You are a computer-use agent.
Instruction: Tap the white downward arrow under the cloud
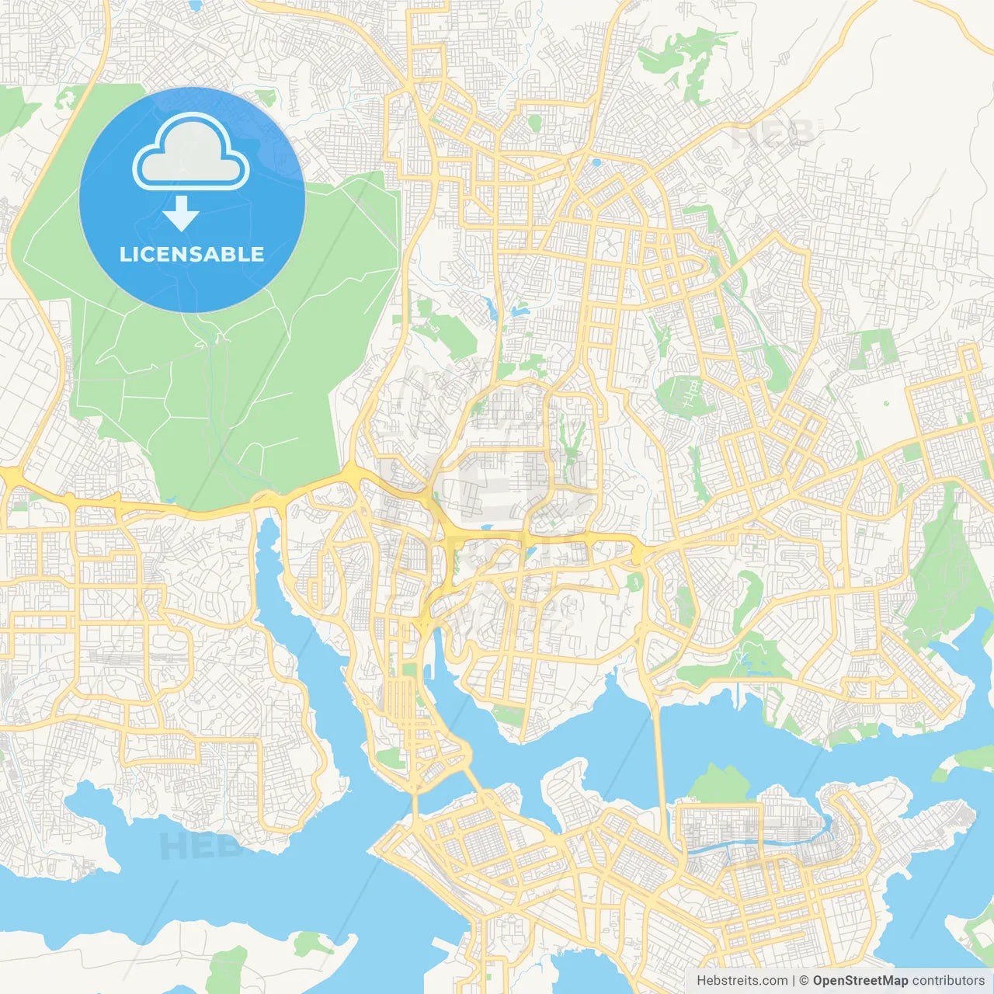pos(181,213)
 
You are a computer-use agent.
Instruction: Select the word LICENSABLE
pos(192,255)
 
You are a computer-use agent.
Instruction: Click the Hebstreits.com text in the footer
pos(742,981)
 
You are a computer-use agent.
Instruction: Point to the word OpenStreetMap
pos(860,981)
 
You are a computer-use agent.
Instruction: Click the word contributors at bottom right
pos(948,981)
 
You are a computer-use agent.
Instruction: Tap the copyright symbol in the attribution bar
pos(804,981)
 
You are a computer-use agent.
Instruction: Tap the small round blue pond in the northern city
pos(596,163)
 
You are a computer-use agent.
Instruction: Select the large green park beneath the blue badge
pos(233,388)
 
